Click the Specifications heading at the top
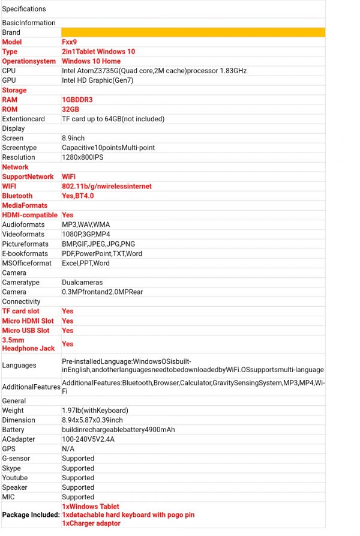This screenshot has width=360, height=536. (24, 9)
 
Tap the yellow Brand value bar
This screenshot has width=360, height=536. (193, 32)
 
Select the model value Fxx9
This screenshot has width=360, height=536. (70, 42)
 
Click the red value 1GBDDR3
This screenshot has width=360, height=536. (77, 100)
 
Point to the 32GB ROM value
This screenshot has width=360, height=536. (70, 109)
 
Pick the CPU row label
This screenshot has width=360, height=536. (10, 71)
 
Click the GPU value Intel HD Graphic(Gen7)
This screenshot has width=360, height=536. (96, 80)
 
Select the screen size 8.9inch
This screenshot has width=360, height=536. (73, 138)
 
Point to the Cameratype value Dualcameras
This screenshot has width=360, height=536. (82, 282)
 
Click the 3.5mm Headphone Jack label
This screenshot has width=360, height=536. (28, 344)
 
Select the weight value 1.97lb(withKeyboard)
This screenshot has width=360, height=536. (95, 411)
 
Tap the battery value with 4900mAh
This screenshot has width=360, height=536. (118, 430)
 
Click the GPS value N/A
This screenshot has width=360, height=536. (68, 449)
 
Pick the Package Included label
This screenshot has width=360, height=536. (31, 515)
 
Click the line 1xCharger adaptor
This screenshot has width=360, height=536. (91, 523)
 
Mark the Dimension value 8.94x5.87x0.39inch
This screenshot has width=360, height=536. (92, 420)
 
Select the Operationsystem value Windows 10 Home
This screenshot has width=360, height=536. (91, 61)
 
